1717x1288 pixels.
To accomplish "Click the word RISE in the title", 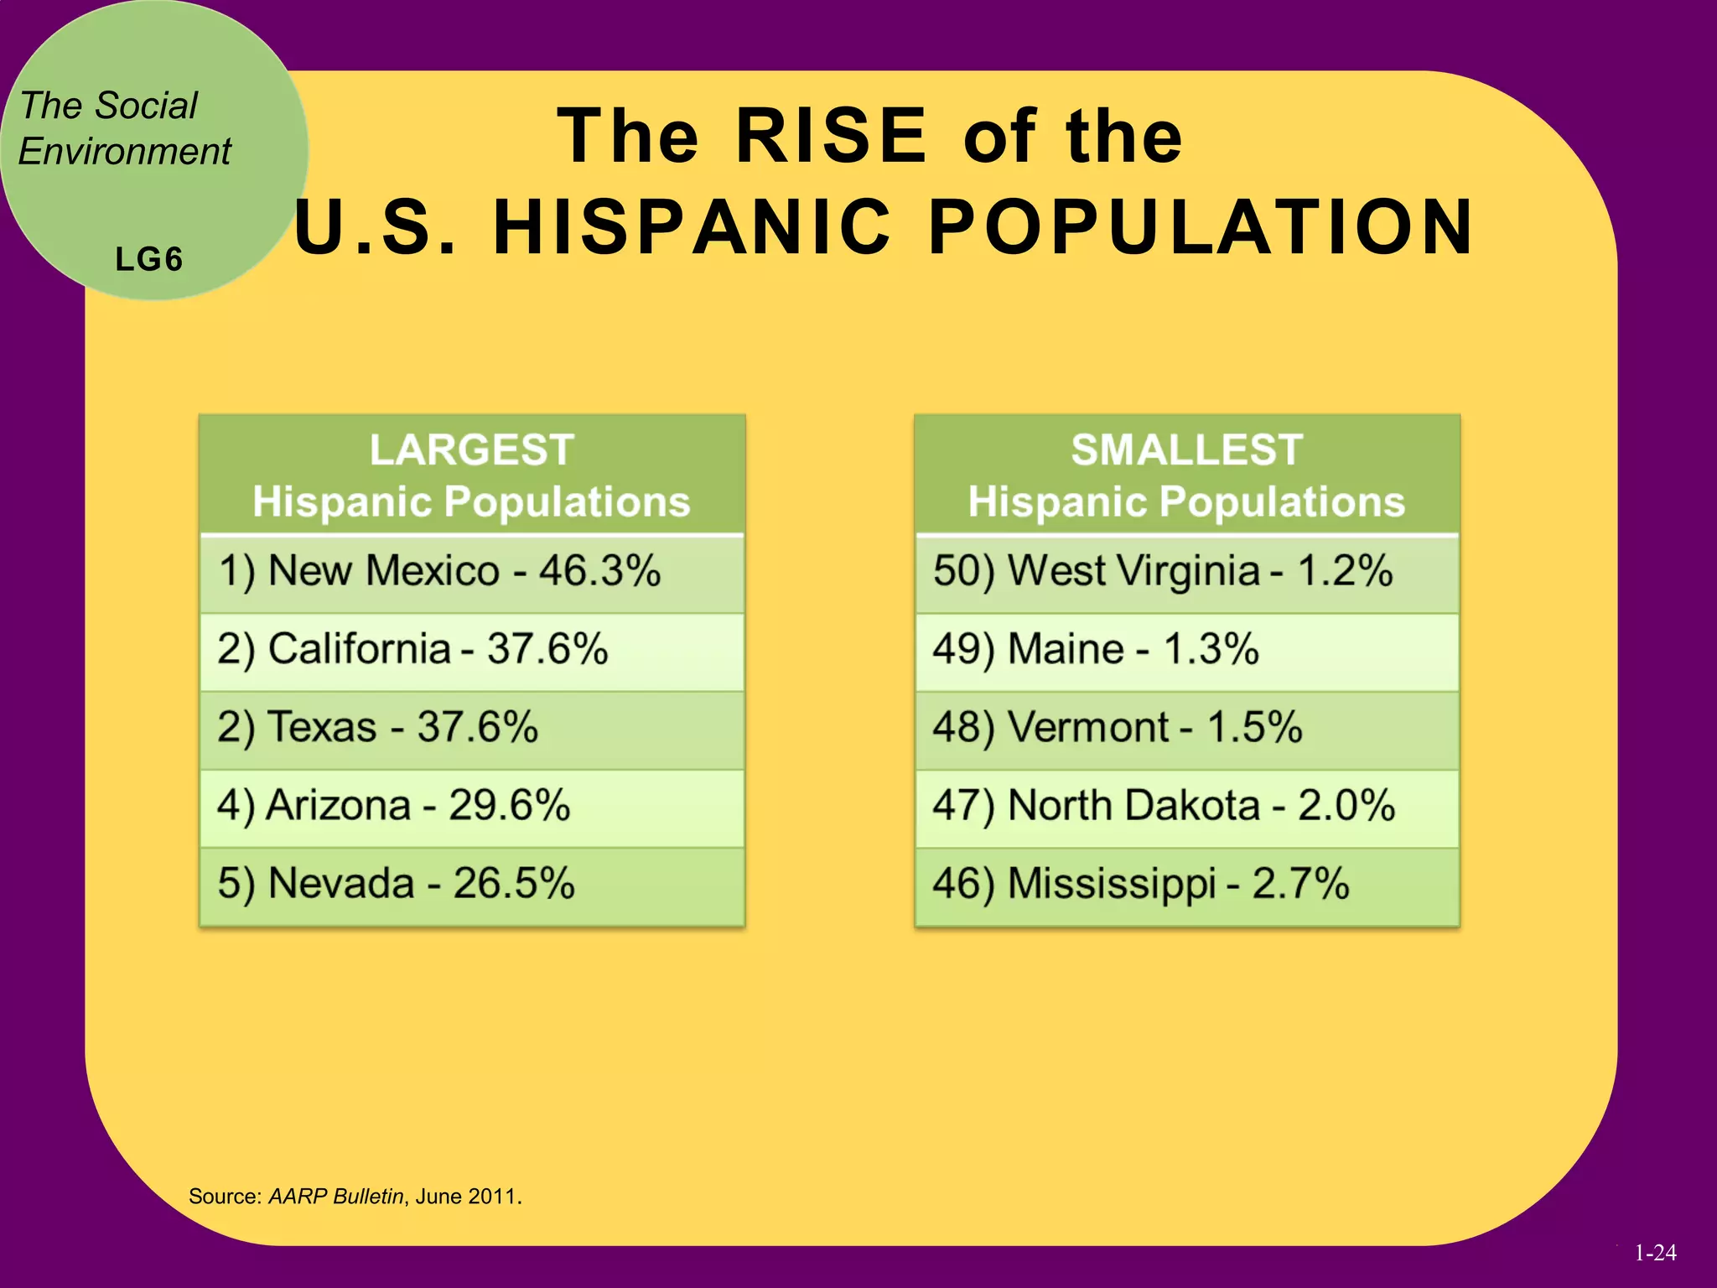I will (x=831, y=136).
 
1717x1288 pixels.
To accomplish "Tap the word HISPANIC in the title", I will (x=693, y=227).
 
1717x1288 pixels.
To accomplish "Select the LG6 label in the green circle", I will (x=149, y=260).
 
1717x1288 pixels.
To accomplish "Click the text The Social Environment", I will (x=124, y=128).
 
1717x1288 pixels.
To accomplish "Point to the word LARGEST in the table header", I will (x=472, y=449).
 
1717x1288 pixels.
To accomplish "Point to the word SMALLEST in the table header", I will (x=1186, y=449).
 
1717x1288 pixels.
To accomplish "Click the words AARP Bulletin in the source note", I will (x=336, y=1197).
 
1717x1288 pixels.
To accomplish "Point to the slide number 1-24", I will (x=1655, y=1253).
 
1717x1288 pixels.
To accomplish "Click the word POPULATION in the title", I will (x=1201, y=227).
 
